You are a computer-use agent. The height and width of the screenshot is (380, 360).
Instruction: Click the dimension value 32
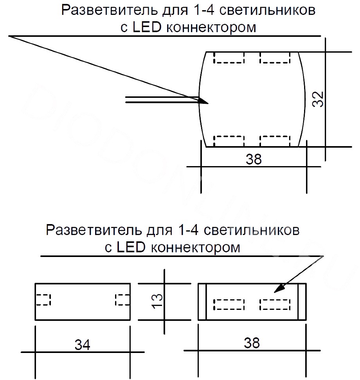318,99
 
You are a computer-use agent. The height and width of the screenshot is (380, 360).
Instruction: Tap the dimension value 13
157,301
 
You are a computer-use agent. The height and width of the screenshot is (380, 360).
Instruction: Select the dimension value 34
82,345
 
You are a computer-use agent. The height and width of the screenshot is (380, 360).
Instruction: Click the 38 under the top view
254,159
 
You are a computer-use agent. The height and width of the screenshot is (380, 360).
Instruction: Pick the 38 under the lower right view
252,343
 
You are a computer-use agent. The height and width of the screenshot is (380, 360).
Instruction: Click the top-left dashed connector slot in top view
229,58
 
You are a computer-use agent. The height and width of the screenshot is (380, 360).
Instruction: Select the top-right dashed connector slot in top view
275,58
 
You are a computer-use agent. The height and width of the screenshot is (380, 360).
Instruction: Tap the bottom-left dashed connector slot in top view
229,141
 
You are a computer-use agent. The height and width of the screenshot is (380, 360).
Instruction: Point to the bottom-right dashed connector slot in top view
275,141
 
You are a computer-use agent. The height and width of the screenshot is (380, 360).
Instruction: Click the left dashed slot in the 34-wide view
43,300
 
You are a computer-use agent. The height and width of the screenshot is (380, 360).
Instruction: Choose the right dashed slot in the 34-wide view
122,300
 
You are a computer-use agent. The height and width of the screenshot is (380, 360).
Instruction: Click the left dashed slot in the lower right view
229,305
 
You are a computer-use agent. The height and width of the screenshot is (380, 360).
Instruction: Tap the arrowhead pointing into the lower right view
279,288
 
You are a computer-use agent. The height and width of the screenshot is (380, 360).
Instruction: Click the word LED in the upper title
147,27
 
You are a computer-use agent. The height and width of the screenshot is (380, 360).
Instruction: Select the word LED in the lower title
131,247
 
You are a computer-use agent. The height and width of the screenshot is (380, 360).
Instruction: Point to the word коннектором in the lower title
195,248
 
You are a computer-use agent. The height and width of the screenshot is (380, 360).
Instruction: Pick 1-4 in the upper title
204,10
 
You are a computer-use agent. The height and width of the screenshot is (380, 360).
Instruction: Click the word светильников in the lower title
252,230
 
